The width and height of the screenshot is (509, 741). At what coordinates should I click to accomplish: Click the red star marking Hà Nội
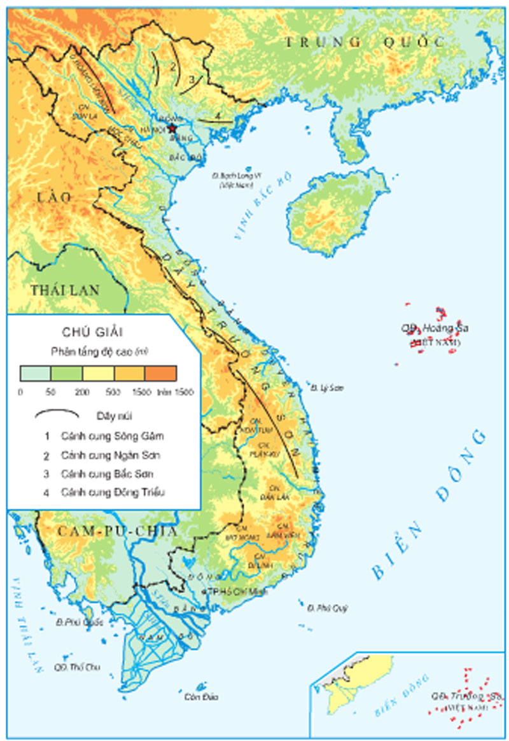(172, 127)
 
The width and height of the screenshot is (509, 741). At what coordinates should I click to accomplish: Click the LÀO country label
(54, 198)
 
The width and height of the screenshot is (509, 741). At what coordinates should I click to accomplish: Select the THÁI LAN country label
(66, 290)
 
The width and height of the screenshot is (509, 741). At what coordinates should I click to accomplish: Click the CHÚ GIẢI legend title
(93, 332)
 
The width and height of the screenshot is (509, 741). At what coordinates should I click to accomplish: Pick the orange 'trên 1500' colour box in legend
(161, 373)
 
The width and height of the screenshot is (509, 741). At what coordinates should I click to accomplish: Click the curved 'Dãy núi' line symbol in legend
(57, 414)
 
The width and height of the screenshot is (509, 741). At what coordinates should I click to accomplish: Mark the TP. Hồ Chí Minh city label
(235, 591)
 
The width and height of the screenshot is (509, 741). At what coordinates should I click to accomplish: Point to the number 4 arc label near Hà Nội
(217, 115)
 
